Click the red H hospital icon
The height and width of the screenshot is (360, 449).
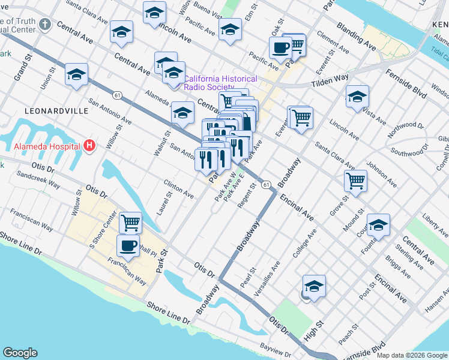(89, 145)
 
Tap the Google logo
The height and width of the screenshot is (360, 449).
(20, 353)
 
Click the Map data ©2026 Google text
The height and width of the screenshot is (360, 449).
(412, 355)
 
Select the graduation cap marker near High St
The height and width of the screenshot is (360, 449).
(313, 286)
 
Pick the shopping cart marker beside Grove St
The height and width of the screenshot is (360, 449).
(356, 180)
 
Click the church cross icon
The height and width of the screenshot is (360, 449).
(43, 25)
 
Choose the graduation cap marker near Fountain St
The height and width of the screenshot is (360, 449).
(378, 225)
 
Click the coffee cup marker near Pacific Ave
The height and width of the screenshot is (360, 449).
(280, 47)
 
